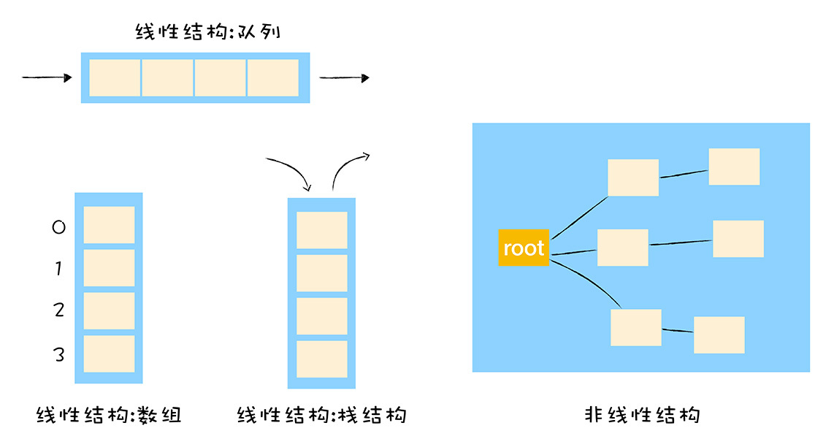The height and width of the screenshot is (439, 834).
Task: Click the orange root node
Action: tap(524, 248)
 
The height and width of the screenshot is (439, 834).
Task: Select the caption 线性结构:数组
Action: tap(109, 416)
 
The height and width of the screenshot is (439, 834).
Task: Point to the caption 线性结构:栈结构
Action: tap(322, 416)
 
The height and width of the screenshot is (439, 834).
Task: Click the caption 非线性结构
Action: tap(643, 416)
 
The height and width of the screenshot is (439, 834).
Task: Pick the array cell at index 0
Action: tap(109, 225)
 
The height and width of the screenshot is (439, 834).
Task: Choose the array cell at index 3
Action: tap(109, 354)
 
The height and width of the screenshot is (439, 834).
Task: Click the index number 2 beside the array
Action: tap(59, 310)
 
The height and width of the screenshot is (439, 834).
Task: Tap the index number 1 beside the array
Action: tap(58, 270)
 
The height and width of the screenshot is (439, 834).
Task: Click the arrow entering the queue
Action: tap(48, 77)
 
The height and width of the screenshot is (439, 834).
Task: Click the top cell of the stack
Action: tap(322, 230)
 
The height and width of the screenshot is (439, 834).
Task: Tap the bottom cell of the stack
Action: tap(322, 359)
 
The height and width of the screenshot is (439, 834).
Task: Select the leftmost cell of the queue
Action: tap(115, 77)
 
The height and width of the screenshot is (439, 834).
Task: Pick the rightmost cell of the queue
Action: tap(273, 77)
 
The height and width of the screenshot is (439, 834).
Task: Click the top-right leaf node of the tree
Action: tap(734, 167)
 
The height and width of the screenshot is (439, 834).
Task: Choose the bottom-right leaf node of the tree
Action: tap(719, 335)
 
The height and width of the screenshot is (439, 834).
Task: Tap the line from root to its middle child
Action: tap(574, 252)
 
